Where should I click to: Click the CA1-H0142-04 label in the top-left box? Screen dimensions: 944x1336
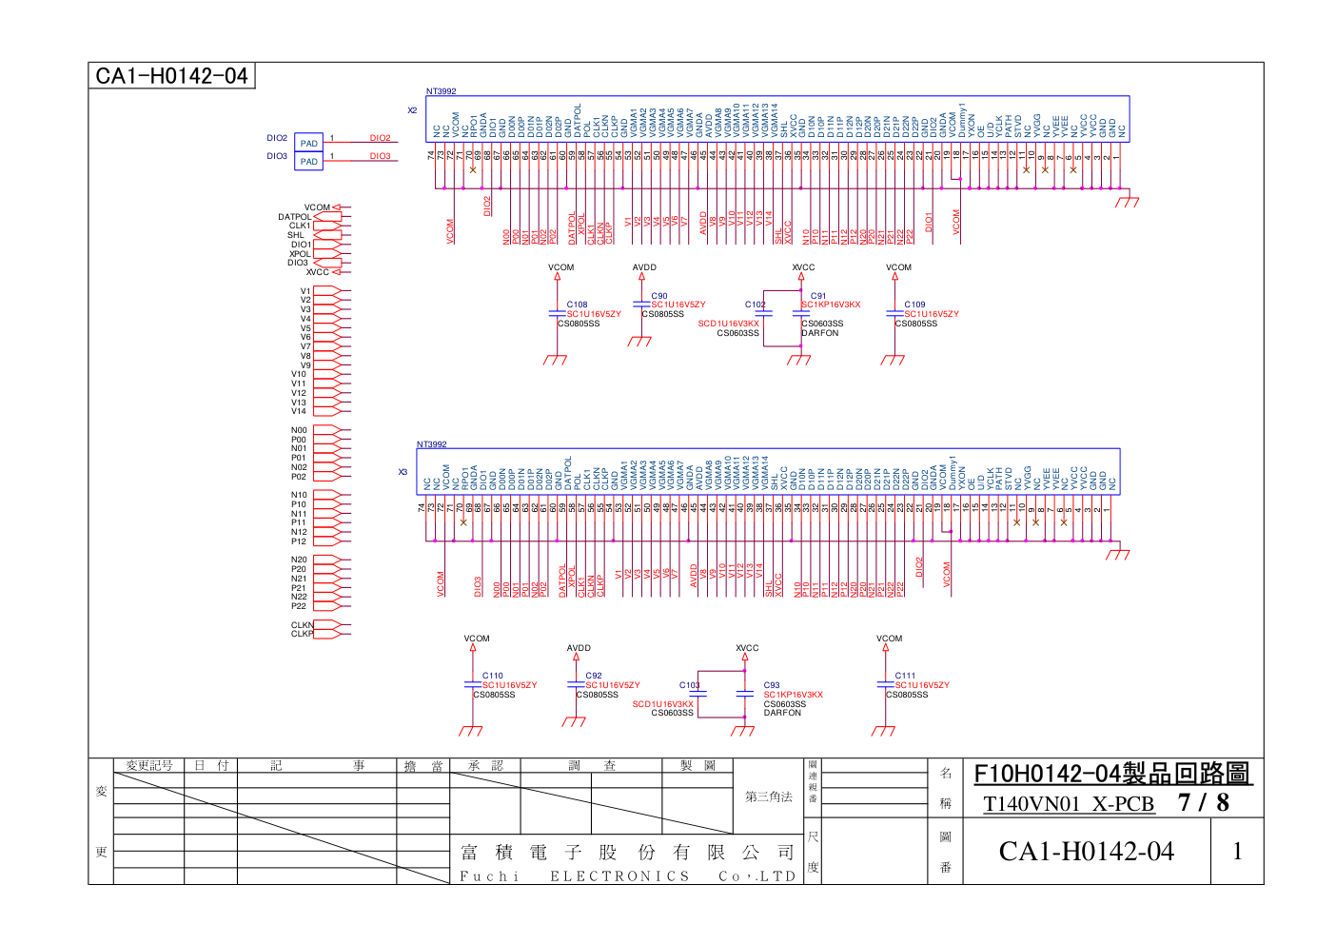point(171,76)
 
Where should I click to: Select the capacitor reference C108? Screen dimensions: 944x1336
point(578,305)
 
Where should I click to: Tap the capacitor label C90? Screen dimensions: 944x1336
point(659,296)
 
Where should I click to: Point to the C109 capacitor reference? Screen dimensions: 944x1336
point(914,305)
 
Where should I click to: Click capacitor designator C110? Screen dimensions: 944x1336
point(492,676)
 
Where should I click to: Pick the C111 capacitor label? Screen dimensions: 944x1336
point(905,676)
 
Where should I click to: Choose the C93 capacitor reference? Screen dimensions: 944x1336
point(772,685)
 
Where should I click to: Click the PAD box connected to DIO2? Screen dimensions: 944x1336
point(308,143)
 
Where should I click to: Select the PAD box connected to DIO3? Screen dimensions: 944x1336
point(308,161)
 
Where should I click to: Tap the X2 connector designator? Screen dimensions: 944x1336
point(412,110)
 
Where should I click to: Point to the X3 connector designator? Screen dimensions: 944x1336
point(403,472)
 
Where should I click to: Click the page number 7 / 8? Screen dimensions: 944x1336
point(1204,803)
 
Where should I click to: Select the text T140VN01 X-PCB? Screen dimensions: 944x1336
point(1069,804)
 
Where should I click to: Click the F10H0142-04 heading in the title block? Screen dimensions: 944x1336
point(1111,774)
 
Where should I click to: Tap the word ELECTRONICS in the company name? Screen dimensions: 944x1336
point(619,876)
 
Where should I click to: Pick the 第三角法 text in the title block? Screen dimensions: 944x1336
point(768,796)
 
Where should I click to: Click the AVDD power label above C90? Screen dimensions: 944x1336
point(644,267)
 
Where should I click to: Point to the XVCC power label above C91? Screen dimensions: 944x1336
point(803,267)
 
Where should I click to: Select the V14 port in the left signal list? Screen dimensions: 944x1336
point(299,411)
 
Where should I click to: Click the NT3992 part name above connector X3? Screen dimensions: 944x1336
point(431,444)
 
